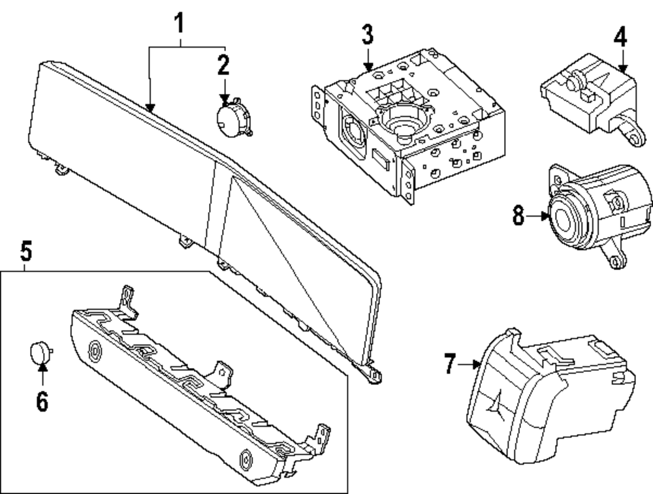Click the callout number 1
coord(178,25)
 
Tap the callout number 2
coord(224,65)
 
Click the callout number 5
coord(25,250)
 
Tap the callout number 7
coord(449,364)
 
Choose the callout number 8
coord(518,216)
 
